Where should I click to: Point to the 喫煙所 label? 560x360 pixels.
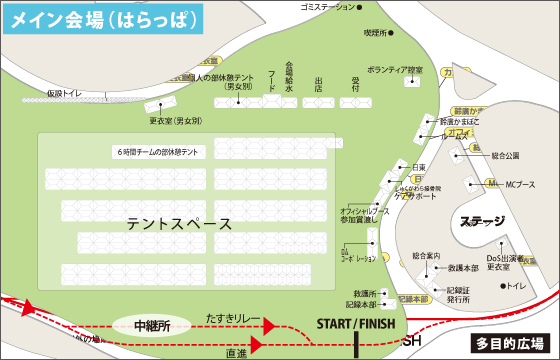(374, 33)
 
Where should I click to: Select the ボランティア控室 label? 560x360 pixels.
(395, 70)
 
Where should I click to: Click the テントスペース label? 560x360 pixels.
(179, 224)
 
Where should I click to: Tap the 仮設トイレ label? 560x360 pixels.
(67, 93)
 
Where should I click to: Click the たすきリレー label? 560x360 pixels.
(233, 317)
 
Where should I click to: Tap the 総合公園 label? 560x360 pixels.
(506, 156)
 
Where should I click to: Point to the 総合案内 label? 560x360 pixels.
(426, 256)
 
